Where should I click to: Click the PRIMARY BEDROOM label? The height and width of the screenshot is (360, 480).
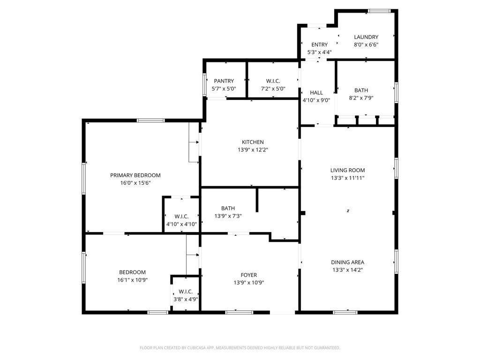tap(135, 175)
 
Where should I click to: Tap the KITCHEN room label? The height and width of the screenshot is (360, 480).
tap(253, 142)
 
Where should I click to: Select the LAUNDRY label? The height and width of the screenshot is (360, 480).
tap(366, 37)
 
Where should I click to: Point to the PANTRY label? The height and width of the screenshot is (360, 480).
tap(224, 81)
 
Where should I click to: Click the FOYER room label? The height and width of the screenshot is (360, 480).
tap(248, 275)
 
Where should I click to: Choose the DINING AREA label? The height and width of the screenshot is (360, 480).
tap(347, 262)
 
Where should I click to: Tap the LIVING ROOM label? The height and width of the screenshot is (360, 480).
tap(347, 170)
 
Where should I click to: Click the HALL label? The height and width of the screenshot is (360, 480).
tap(316, 93)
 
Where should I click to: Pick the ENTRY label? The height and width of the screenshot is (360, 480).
tap(319, 45)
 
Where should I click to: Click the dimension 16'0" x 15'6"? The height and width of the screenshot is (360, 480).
tap(135, 183)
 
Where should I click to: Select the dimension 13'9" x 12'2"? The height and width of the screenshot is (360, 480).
tap(253, 150)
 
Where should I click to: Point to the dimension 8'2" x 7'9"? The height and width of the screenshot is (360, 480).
tap(361, 98)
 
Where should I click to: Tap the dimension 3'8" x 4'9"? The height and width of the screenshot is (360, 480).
tap(186, 299)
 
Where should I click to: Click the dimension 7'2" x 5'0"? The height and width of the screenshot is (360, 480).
tap(273, 89)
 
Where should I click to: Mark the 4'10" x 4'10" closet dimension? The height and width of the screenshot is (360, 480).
tap(181, 224)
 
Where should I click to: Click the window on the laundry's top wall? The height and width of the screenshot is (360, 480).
tap(379, 11)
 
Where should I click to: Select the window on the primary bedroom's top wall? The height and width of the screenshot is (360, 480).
tap(150, 120)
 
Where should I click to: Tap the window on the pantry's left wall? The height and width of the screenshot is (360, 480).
tap(204, 84)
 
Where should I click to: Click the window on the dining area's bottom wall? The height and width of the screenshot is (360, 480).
tap(345, 313)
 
